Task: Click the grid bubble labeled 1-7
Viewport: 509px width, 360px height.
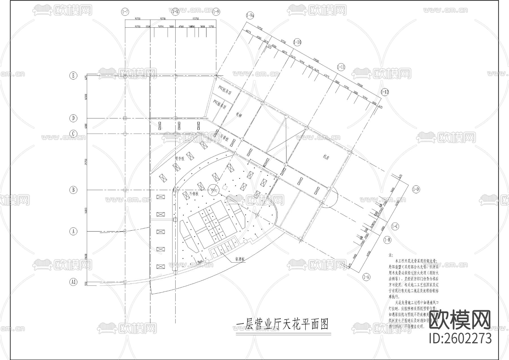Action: click(x=125, y=12)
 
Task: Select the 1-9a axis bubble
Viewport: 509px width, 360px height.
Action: click(x=250, y=16)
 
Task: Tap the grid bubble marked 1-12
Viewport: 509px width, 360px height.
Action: click(x=385, y=92)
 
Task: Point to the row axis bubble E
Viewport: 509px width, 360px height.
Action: click(x=73, y=76)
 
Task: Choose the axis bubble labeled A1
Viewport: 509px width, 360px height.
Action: click(x=73, y=282)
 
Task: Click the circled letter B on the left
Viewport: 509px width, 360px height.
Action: click(x=73, y=190)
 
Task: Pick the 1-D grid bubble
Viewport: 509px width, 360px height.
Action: click(x=416, y=189)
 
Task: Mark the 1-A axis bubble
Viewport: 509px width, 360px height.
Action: click(x=366, y=277)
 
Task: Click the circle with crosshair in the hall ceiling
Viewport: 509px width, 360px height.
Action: click(x=213, y=190)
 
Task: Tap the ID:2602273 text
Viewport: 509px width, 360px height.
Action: click(x=461, y=338)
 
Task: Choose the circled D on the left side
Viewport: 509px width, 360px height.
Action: click(x=73, y=118)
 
